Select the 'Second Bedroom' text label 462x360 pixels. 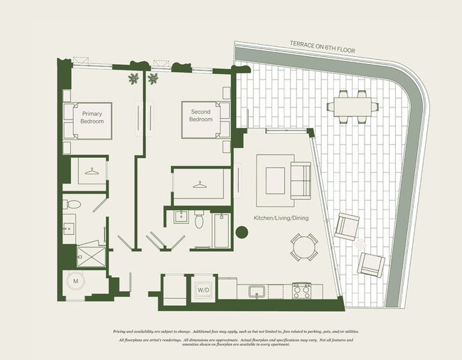tap(200, 116)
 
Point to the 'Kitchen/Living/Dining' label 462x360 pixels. tap(281, 218)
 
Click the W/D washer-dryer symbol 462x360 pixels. tap(203, 290)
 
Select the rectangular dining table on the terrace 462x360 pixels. tap(352, 107)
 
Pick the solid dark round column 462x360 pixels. tap(241, 231)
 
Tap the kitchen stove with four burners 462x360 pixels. tap(302, 290)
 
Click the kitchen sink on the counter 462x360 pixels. tap(257, 291)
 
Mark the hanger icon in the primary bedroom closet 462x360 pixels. tap(92, 171)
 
